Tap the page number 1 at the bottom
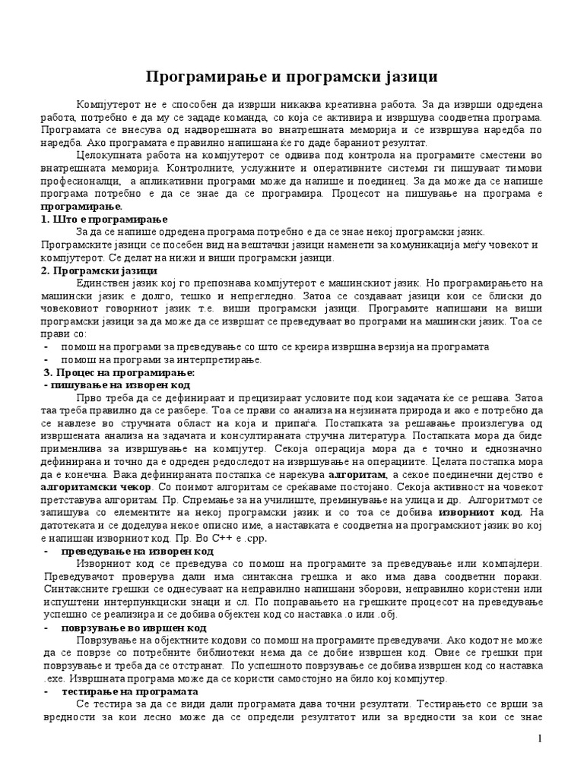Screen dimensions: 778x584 538,739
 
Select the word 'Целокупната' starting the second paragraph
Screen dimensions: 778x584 106,154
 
